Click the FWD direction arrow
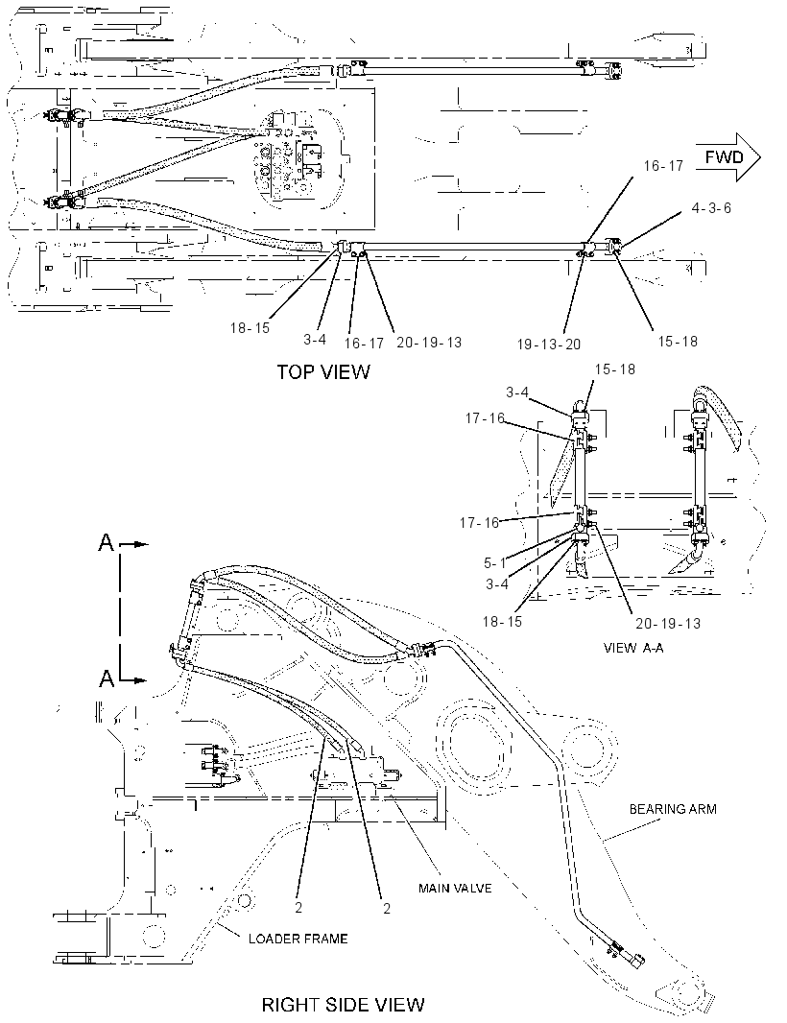tap(728, 157)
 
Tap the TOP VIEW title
tap(323, 372)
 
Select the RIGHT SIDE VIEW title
tap(344, 1005)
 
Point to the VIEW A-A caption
tap(633, 648)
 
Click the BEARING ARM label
tap(673, 809)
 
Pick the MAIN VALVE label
tap(455, 888)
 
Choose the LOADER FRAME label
tap(298, 939)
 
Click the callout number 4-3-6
tap(711, 207)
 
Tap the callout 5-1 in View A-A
tap(494, 563)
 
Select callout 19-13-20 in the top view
tap(549, 345)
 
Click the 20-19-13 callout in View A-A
tap(668, 624)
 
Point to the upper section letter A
tap(106, 542)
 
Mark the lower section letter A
tap(106, 679)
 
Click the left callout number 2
tap(298, 908)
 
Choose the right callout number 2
tap(387, 908)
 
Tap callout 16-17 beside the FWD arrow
tap(663, 166)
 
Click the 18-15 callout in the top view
tap(250, 328)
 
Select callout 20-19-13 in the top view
tap(429, 343)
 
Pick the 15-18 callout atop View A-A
tap(614, 369)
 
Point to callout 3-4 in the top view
tap(315, 340)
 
